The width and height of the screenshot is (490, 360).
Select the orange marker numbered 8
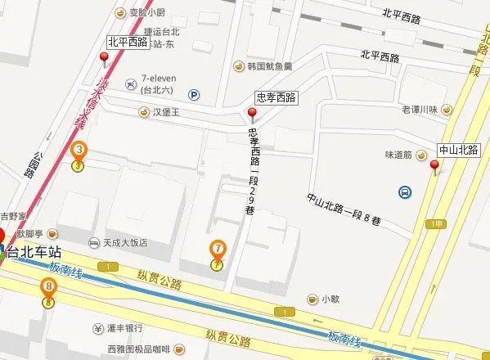pos(49,287)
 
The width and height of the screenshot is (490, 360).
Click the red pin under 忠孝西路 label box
pos(252,115)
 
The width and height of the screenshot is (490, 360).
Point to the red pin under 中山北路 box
pos(434,166)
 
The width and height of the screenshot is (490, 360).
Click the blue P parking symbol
pos(194,94)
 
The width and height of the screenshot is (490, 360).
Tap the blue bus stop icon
pos(405,192)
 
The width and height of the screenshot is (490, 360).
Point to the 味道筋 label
pos(407,154)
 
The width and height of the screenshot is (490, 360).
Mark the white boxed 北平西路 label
pos(128,41)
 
